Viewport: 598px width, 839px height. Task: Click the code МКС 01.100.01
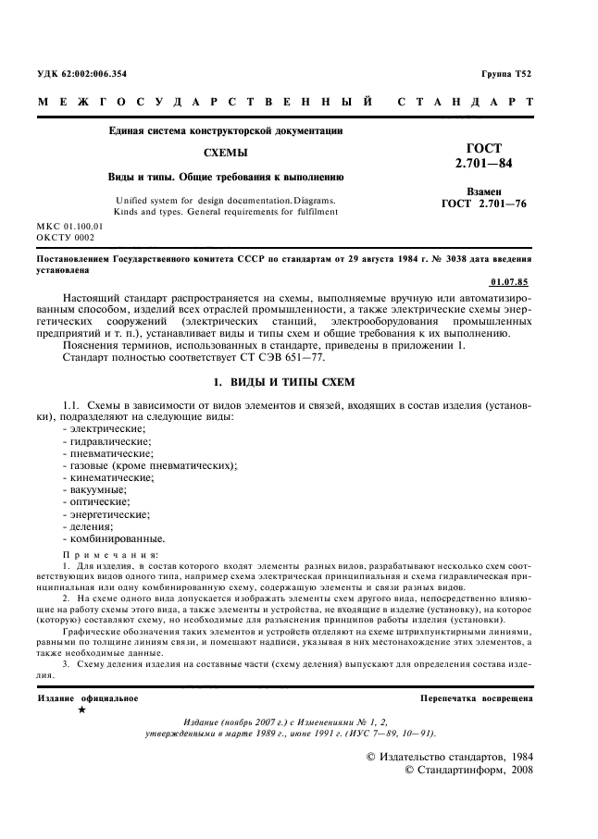click(69, 226)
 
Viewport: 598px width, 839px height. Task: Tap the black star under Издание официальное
click(81, 709)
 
